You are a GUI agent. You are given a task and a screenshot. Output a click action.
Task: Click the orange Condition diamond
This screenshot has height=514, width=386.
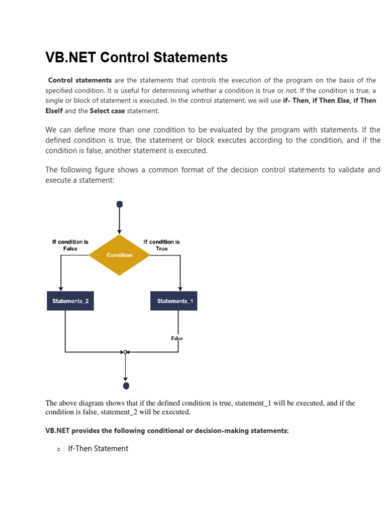click(120, 255)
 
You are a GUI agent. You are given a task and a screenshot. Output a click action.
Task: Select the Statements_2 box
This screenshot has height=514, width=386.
click(70, 301)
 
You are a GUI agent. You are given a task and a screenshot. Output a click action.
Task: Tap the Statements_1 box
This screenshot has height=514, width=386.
click(174, 301)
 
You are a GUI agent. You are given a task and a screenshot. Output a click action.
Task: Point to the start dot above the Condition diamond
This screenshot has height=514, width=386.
click(120, 204)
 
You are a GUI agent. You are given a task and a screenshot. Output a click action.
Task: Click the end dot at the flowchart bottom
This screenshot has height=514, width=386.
click(126, 385)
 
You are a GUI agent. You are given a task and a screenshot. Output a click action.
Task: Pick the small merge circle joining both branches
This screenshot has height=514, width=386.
click(126, 352)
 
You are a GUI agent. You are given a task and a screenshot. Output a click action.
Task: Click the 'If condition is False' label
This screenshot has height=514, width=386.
click(70, 245)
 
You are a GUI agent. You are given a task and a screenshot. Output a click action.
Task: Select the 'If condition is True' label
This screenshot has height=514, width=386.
click(161, 245)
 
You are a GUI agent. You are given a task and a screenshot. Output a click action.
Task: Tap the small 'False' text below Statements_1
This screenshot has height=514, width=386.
click(177, 338)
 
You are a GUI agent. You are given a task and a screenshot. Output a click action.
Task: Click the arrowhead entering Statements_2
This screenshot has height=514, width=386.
click(61, 289)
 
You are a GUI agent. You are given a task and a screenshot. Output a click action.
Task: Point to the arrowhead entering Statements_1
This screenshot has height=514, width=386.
click(180, 289)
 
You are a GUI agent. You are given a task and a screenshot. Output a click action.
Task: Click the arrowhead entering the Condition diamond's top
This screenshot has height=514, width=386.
click(120, 232)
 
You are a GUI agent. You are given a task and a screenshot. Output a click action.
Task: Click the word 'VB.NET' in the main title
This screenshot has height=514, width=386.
click(71, 58)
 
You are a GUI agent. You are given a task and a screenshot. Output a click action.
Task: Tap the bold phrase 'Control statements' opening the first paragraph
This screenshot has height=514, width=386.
click(80, 80)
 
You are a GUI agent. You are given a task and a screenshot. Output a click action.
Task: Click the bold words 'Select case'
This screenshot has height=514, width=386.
click(107, 110)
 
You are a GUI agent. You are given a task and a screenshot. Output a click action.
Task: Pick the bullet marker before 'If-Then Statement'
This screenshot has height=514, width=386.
click(58, 450)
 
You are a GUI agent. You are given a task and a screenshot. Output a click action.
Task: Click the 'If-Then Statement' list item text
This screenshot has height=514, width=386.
click(98, 449)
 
